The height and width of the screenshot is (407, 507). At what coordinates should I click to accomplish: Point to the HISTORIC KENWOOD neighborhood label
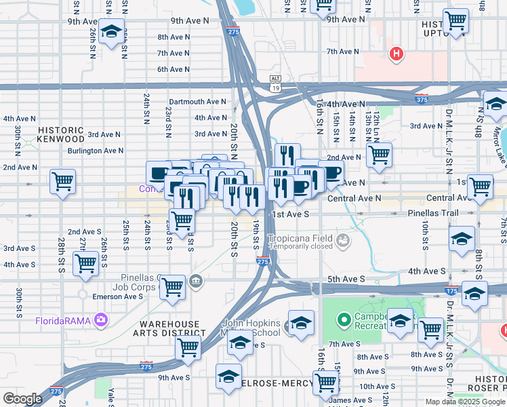pos(61,134)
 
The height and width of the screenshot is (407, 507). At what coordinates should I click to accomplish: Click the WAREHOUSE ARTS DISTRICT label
pos(172,329)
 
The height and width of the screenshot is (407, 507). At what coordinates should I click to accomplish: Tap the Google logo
pos(23,399)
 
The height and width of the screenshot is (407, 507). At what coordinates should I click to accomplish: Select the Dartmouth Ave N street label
pos(197,102)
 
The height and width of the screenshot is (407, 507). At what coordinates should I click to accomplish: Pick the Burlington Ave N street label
pos(95,151)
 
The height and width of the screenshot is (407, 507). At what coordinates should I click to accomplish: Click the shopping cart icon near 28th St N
pos(62,181)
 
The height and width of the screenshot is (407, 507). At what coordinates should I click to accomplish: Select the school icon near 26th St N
pos(111,31)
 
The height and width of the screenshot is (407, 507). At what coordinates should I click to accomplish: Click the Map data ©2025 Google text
pos(465,402)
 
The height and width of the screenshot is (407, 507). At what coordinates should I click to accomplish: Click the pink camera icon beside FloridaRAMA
pos(101,319)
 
